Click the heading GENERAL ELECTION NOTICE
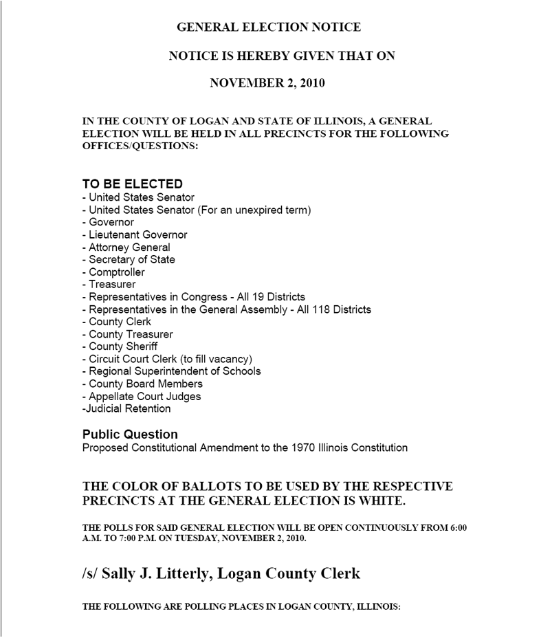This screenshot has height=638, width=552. [269, 27]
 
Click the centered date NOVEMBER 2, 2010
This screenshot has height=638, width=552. [267, 84]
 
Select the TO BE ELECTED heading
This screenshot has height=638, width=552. [133, 184]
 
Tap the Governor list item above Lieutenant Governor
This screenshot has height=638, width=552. [111, 223]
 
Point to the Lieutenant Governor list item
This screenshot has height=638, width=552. [137, 235]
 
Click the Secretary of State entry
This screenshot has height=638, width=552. [132, 260]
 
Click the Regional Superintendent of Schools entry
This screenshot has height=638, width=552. [175, 371]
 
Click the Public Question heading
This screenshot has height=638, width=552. [130, 434]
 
